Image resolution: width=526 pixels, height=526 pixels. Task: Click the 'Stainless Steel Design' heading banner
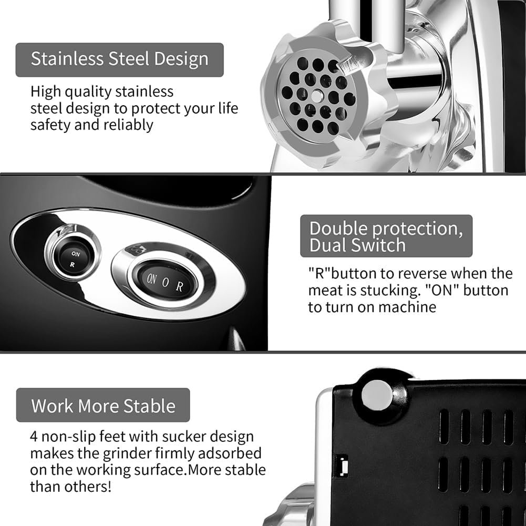[119, 60]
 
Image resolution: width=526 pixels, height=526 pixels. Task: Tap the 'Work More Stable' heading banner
[103, 405]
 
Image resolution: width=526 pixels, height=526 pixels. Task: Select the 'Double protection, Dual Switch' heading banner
[386, 236]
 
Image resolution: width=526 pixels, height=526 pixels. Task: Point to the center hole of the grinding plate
[317, 96]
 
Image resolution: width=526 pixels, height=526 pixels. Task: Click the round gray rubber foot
[377, 395]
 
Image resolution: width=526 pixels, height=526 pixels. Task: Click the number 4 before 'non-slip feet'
[34, 437]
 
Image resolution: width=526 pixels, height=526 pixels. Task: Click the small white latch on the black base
[343, 466]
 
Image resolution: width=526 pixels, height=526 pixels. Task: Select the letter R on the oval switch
[180, 286]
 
